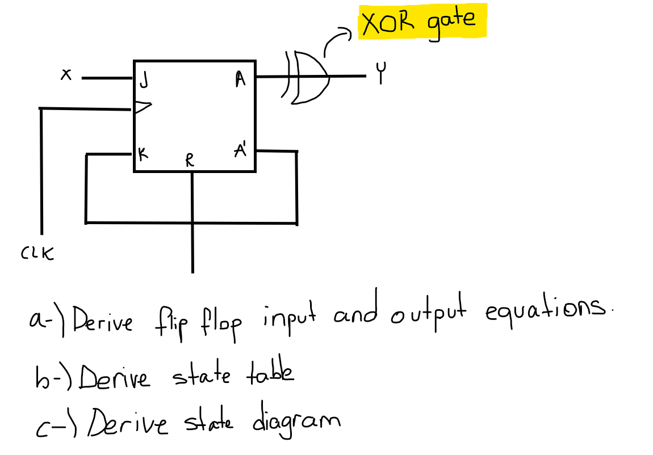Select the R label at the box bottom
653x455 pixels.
click(190, 161)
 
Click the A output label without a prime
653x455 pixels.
click(240, 81)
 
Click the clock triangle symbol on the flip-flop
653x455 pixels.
click(143, 107)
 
